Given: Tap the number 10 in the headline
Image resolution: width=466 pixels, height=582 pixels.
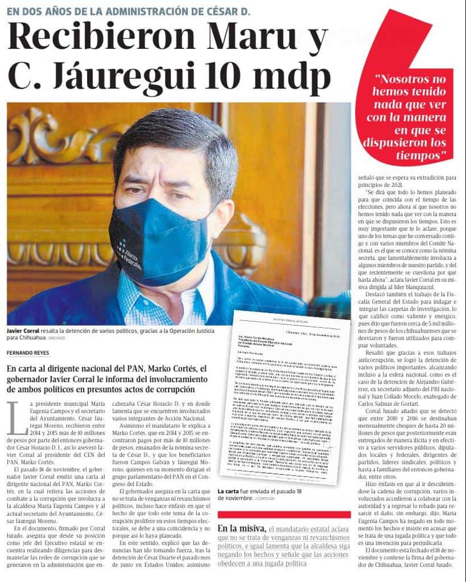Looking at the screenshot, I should coord(232,76).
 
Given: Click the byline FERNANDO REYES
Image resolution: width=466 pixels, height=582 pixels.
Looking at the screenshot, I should coord(28,353).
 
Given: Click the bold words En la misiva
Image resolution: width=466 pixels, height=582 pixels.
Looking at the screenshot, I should coord(241,529).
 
